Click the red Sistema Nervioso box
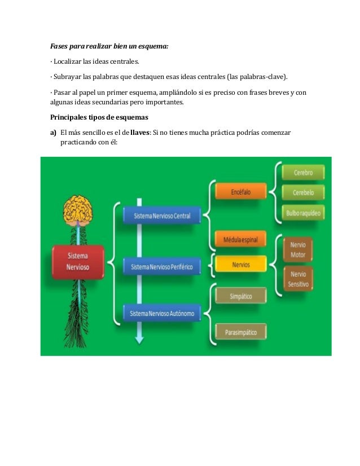[78, 261]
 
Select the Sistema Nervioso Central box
[162, 216]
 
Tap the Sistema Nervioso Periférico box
[161, 265]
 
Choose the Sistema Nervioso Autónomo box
[162, 313]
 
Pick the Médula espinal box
[240, 240]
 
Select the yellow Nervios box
[240, 264]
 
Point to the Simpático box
[240, 296]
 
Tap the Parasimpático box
[240, 332]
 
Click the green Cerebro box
[303, 172]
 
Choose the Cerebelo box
[303, 192]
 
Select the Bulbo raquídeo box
[303, 213]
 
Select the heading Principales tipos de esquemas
[99, 118]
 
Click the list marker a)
[54, 131]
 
